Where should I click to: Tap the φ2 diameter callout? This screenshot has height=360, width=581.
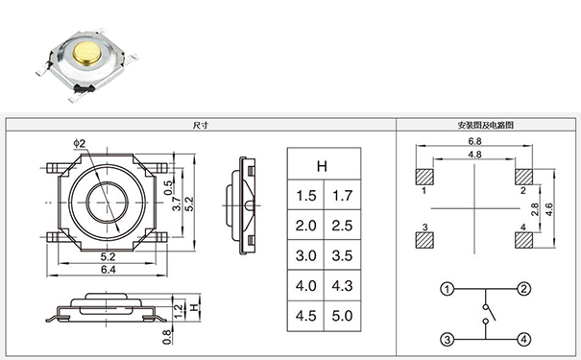(x=79, y=144)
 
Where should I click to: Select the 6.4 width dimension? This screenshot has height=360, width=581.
(x=109, y=271)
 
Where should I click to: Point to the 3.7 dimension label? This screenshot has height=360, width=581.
(x=177, y=203)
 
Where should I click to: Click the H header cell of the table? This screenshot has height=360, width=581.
(x=323, y=166)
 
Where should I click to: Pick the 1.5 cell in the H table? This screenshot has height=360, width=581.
(x=305, y=196)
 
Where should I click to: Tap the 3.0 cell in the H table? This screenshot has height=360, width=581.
(x=305, y=255)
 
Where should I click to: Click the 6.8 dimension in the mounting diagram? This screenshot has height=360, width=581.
(x=474, y=142)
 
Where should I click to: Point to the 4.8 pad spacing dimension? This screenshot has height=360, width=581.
(x=474, y=155)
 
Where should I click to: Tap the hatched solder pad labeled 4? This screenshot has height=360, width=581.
(x=524, y=236)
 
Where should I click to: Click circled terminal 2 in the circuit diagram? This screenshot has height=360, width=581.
(x=523, y=289)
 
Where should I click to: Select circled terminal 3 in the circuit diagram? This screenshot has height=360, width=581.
(x=447, y=339)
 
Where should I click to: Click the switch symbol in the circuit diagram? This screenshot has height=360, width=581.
(x=487, y=314)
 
